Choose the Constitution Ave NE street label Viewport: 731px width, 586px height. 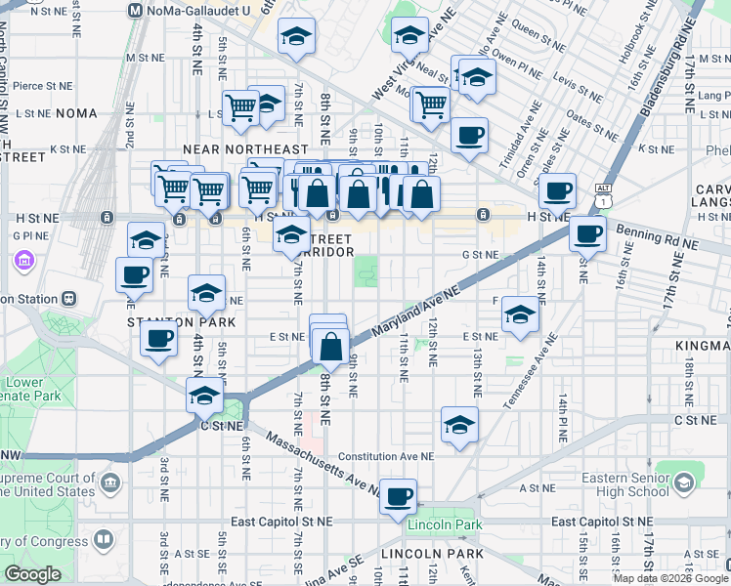click(x=385, y=456)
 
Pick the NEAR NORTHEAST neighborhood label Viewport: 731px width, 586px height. click(x=232, y=149)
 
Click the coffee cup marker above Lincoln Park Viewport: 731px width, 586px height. click(x=399, y=497)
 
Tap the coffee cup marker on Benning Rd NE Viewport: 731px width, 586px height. click(x=588, y=234)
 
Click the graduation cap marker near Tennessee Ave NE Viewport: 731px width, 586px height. click(x=520, y=315)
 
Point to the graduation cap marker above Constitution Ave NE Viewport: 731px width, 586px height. click(x=459, y=425)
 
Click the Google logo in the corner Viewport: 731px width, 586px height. click(x=31, y=575)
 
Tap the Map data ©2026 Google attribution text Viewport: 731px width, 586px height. click(x=670, y=578)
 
